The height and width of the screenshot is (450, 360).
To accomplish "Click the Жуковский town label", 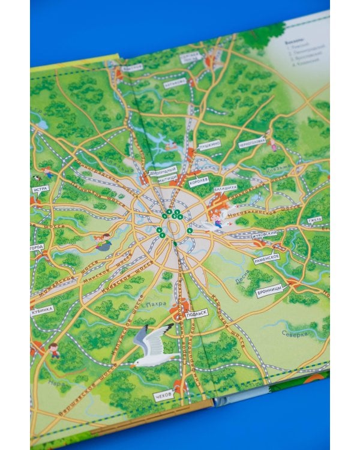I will [266, 233].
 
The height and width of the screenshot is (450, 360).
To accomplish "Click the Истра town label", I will [40, 189].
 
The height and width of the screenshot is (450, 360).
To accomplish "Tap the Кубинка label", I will [42, 309].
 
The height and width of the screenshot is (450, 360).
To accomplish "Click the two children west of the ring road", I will [103, 242].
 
